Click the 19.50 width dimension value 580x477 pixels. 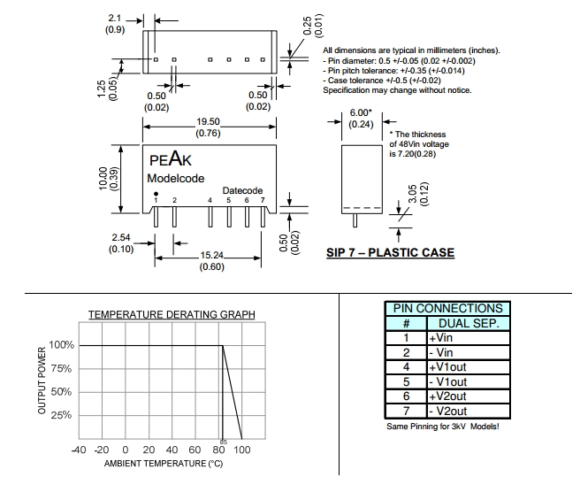pos(208,121)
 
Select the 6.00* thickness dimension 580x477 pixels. pos(359,113)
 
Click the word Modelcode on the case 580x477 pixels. pos(177,179)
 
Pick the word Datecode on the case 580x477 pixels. pos(242,190)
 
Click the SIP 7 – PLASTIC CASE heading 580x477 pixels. pos(390,253)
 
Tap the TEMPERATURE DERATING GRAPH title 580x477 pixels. pos(172,314)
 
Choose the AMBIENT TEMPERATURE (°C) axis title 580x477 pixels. pos(163,464)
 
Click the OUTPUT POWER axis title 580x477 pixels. pos(42,381)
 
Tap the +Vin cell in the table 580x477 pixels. pos(441,337)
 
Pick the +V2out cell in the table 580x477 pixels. pos(446,396)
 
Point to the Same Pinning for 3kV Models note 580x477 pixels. pos(443,427)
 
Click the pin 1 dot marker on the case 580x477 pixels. pos(156,193)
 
